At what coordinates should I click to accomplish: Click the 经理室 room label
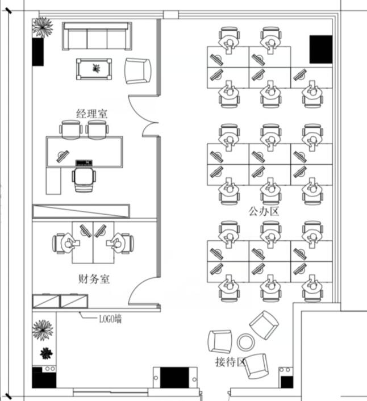click(92, 114)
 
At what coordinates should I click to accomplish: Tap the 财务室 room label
click(94, 279)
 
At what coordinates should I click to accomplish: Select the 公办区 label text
click(264, 211)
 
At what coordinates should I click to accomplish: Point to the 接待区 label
click(230, 362)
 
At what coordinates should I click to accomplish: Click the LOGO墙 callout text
click(110, 319)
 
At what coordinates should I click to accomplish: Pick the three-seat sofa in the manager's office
click(97, 36)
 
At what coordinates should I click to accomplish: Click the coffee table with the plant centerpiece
click(94, 69)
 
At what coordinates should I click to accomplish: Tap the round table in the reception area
click(246, 342)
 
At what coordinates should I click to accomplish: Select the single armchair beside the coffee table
click(137, 71)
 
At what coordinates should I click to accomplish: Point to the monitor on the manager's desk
click(62, 156)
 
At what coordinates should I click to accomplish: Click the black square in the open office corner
click(321, 49)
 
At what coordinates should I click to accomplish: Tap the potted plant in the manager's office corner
click(43, 27)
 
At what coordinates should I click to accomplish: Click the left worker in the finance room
click(67, 243)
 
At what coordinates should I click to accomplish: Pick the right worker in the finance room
click(119, 243)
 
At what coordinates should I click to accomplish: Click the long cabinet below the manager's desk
click(81, 211)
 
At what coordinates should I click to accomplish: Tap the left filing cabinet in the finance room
click(46, 301)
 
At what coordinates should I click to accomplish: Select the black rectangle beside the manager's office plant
click(38, 52)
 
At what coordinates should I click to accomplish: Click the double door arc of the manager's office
click(143, 116)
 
